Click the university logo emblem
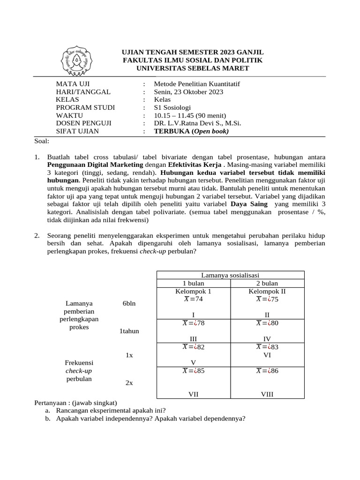[x=76, y=61]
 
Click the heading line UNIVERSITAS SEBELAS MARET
[x=193, y=68]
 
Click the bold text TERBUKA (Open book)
[x=191, y=131]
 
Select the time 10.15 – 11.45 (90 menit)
[x=190, y=116]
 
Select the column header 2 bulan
[x=267, y=283]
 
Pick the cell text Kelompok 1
[x=193, y=291]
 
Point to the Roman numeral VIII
[x=267, y=395]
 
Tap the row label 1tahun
[x=129, y=331]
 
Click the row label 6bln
[x=129, y=303]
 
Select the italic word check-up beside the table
[x=79, y=370]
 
